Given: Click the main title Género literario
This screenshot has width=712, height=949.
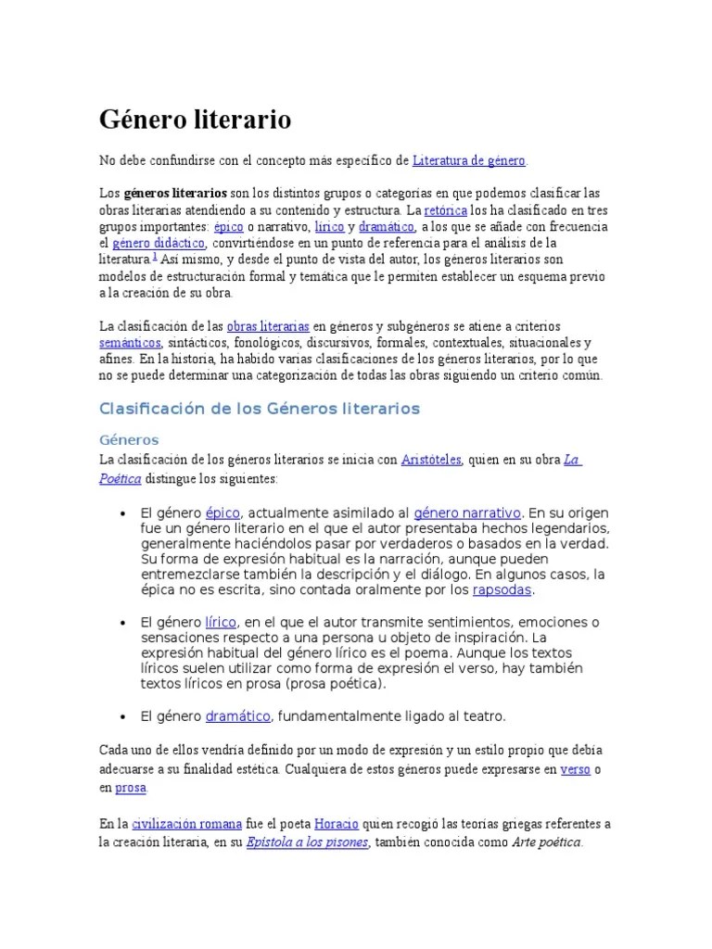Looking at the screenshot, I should point(196,120).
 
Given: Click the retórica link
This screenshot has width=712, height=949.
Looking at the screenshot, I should point(446,210).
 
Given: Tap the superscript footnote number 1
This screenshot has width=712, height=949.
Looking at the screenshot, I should point(154,257).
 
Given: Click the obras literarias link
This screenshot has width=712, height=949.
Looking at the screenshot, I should point(268,326).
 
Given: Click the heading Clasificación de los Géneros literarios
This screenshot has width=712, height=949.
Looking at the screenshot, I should point(260,409).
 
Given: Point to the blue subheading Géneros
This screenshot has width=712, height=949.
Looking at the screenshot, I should point(129,439).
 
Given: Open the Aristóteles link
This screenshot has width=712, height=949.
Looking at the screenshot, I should point(431,460).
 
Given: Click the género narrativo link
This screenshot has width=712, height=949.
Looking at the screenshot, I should point(467,512).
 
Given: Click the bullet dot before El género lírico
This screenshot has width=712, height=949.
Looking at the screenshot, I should point(123,622).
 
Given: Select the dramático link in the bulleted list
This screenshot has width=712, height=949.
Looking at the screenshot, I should point(237,716).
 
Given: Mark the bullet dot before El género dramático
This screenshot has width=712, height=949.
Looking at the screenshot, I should point(123,717).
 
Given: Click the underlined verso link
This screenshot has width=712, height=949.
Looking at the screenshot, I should point(576,769).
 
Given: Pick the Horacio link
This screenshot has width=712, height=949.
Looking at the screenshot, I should point(337,823).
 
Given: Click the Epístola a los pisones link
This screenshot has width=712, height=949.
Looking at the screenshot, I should point(308,841).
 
